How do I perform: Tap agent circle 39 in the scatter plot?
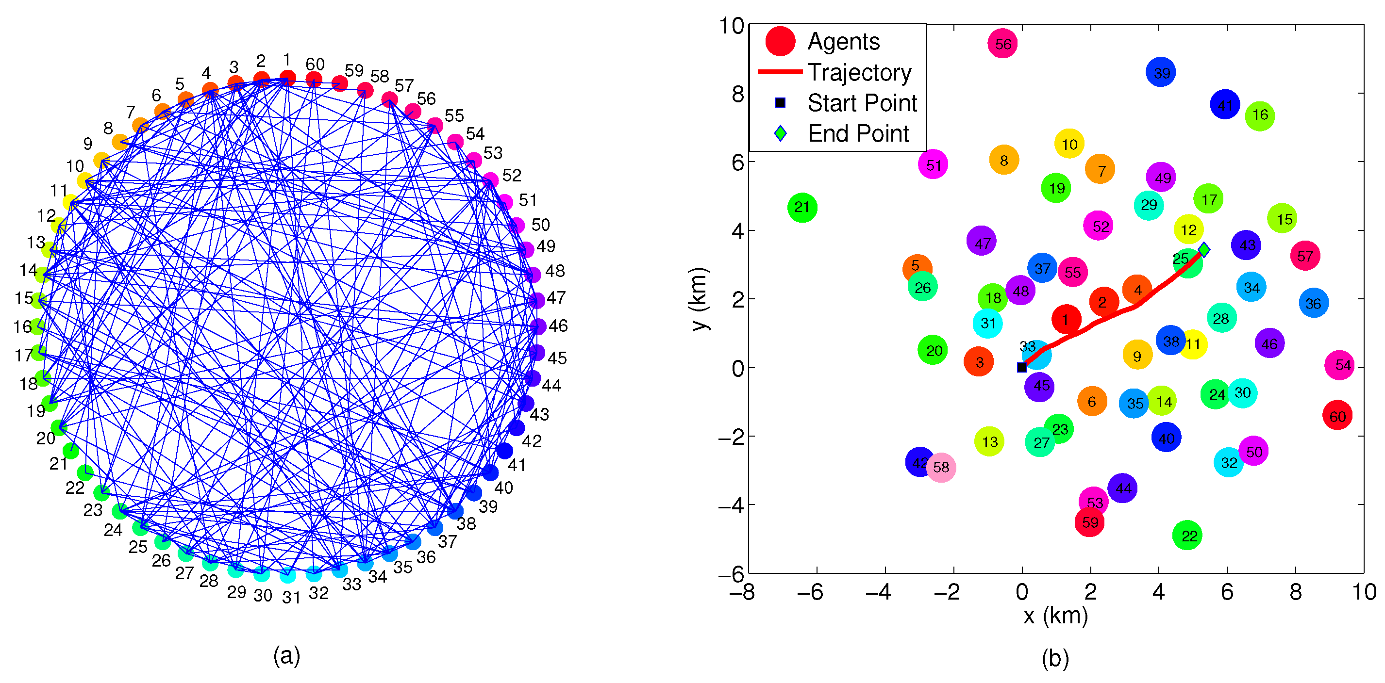coord(1161,72)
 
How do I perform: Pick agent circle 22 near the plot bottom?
coord(1187,535)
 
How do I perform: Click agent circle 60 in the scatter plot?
coord(1337,415)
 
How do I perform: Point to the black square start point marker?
coord(1022,368)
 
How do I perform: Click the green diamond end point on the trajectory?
coord(1204,250)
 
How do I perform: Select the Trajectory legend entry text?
coord(859,72)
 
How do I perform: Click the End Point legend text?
coord(858,133)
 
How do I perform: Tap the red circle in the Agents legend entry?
coord(780,41)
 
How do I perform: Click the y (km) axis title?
coord(700,299)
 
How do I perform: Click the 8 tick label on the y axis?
coord(738,95)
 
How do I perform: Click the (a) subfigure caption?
coord(286,656)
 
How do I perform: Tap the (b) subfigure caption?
coord(1055,658)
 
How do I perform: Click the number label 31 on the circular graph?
coord(291,597)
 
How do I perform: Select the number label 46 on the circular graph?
coord(558,325)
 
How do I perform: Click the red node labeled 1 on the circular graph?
coord(288,78)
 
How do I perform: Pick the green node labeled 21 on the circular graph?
coord(70,450)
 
